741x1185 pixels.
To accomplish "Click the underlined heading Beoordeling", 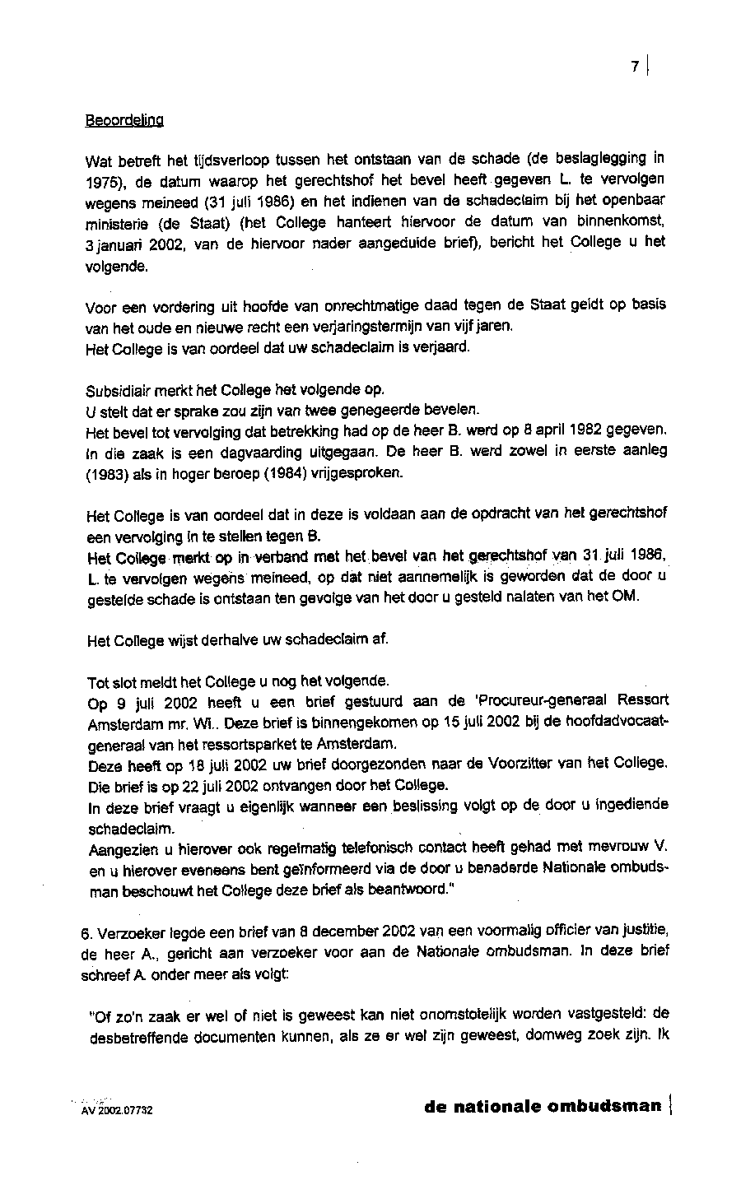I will [124, 120].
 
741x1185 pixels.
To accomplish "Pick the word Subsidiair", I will [117, 389].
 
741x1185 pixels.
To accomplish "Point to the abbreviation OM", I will [625, 597].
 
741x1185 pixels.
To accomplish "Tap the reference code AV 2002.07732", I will [117, 1110].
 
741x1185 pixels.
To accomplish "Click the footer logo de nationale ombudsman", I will [543, 1106].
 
